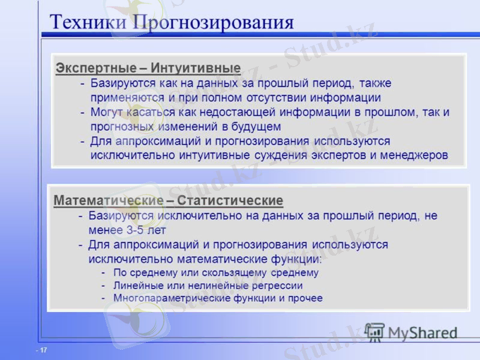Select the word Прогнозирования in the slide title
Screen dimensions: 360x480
pyautogui.click(x=213, y=23)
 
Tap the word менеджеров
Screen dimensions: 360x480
pyautogui.click(x=415, y=155)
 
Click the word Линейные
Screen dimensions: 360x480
pyautogui.click(x=136, y=286)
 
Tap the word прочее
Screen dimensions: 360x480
pyautogui.click(x=307, y=298)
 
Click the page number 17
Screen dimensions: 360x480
pyautogui.click(x=43, y=349)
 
